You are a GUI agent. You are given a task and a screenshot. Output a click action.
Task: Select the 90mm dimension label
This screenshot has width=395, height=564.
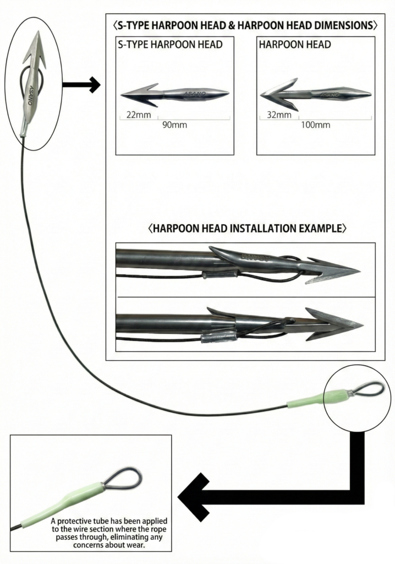click(x=174, y=125)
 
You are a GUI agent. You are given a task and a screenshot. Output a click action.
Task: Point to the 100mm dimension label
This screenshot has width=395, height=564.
click(x=316, y=125)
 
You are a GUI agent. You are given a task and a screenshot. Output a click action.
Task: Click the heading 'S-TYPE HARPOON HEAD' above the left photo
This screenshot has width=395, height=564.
click(x=170, y=45)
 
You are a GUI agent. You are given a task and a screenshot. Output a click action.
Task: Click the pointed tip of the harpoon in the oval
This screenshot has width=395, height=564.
click(x=39, y=35)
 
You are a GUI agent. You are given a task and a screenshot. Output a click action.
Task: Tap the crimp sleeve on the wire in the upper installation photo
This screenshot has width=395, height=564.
click(x=220, y=274)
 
